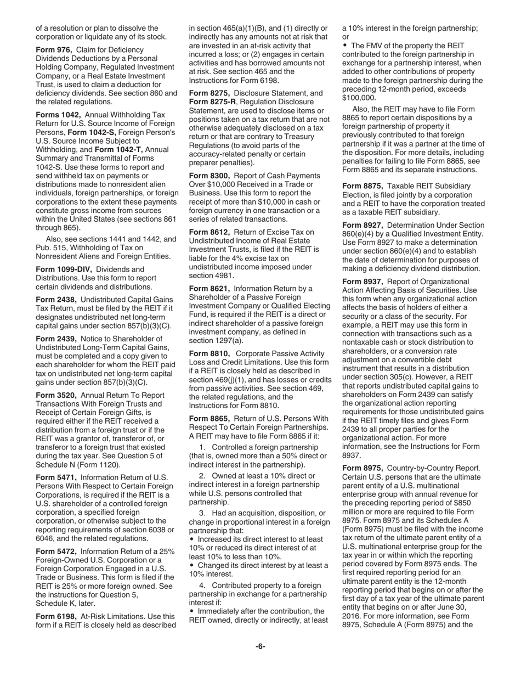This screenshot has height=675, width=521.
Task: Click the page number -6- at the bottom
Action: pos(260,646)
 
